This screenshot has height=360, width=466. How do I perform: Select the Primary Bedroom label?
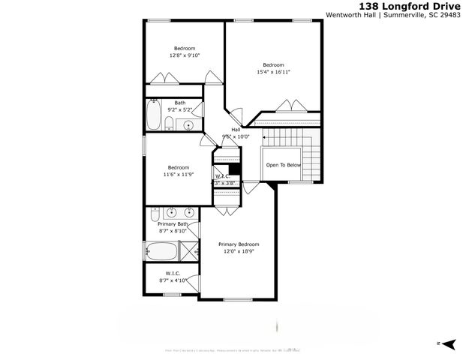(x=239, y=244)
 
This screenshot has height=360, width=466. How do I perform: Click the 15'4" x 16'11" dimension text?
(x=273, y=72)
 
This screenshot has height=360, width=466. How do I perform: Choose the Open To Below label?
(x=283, y=165)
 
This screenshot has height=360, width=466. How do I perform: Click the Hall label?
(x=235, y=129)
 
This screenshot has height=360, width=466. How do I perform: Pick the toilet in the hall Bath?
(x=170, y=124)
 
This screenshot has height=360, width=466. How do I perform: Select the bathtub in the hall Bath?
(x=153, y=117)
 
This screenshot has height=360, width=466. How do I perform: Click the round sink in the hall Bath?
(x=189, y=125)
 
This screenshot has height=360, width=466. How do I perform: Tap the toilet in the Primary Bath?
(x=155, y=216)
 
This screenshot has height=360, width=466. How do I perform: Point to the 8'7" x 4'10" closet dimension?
(x=172, y=280)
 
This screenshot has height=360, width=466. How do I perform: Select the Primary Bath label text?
(x=173, y=224)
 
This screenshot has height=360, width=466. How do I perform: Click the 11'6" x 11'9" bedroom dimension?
(x=179, y=174)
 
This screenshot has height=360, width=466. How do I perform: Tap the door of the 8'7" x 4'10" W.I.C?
(x=194, y=283)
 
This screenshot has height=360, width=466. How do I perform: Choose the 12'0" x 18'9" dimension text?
(x=239, y=252)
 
